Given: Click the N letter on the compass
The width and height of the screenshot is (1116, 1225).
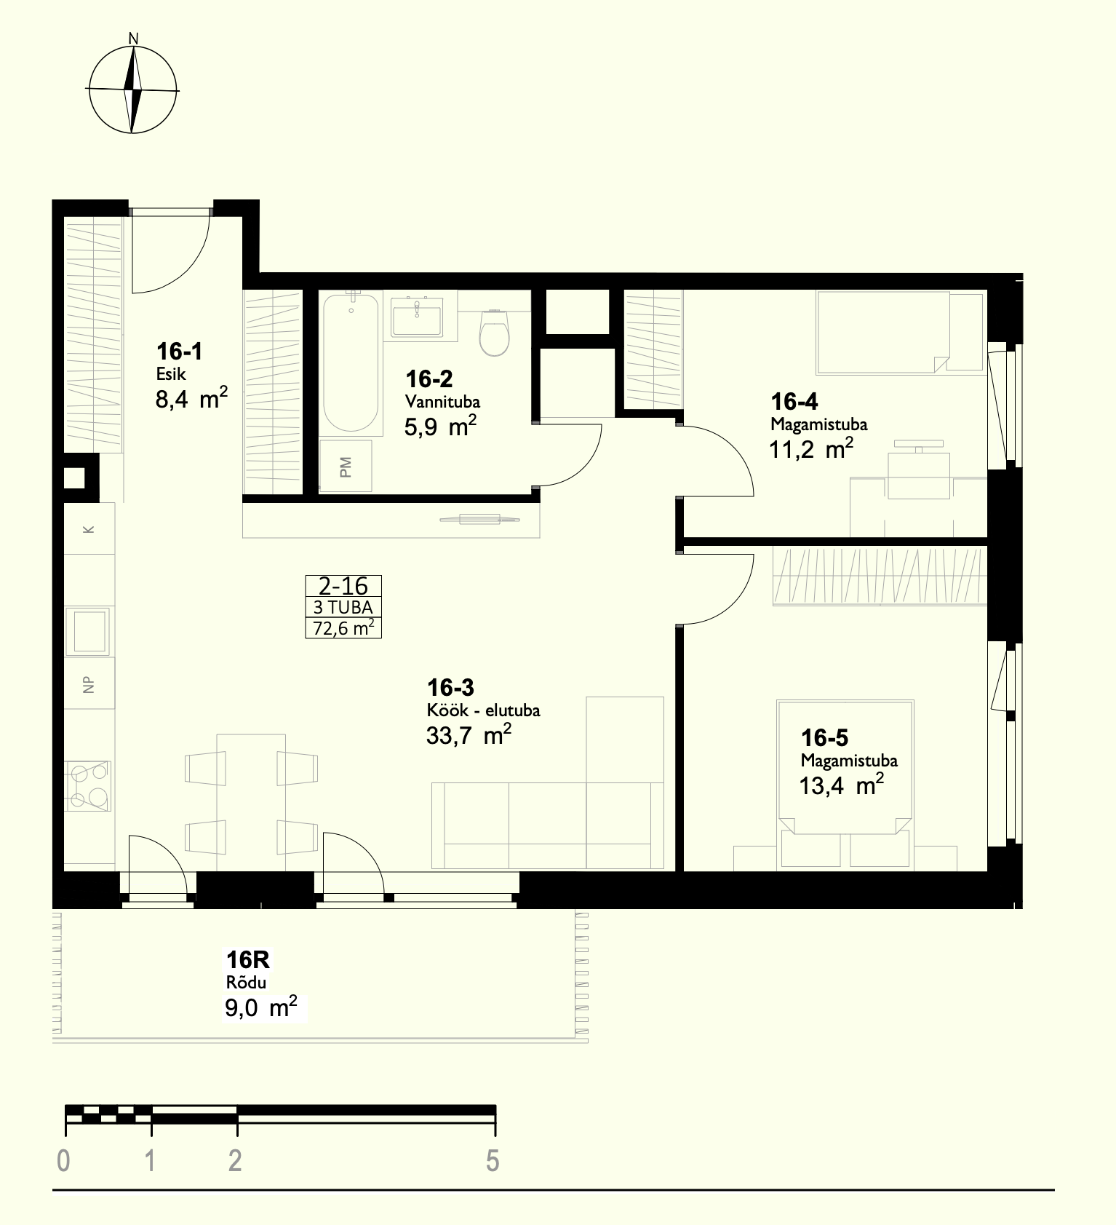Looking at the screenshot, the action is click(x=133, y=38).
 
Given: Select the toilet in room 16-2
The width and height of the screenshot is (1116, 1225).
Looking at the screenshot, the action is click(x=495, y=332).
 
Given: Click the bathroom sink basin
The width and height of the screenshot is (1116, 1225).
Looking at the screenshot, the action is click(x=417, y=318).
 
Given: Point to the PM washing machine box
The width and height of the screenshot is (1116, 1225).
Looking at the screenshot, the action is click(x=346, y=466).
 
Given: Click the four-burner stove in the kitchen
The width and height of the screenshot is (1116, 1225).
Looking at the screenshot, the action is click(x=88, y=786).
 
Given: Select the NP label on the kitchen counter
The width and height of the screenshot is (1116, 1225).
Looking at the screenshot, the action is click(x=89, y=684).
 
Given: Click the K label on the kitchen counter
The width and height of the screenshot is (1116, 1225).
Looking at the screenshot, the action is click(x=89, y=529).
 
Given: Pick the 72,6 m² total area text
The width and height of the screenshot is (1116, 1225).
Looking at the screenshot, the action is click(x=343, y=627).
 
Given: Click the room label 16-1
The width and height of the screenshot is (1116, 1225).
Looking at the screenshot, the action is click(x=179, y=352).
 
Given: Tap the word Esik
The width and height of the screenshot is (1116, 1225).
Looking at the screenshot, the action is click(x=171, y=375).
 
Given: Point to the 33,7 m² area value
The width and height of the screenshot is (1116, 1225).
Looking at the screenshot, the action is click(x=469, y=735).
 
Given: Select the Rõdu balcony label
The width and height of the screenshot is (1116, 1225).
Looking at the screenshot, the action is click(x=246, y=982).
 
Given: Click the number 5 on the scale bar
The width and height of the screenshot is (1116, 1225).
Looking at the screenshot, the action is click(x=493, y=1160).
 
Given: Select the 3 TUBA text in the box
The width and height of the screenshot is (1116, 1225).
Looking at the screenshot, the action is click(x=343, y=607).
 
